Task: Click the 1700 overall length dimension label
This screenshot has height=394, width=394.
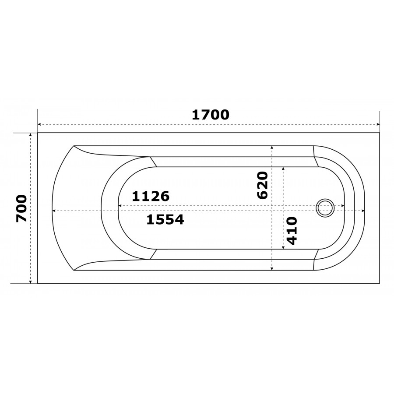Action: pos(211,115)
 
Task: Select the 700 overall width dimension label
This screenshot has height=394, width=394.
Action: pos(21,208)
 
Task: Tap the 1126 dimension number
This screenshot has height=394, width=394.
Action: pos(151,196)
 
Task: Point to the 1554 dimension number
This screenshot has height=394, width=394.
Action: pos(165,219)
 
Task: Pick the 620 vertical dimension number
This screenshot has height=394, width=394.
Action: pos(263,186)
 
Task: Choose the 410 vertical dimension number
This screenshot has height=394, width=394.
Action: pos(292,231)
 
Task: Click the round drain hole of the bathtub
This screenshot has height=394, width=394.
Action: pos(325,208)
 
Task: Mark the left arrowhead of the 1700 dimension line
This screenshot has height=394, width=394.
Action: pos(39,124)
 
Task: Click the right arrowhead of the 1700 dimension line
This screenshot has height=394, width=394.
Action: pos(378,124)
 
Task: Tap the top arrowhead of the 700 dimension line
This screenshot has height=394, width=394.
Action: pos(31,135)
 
